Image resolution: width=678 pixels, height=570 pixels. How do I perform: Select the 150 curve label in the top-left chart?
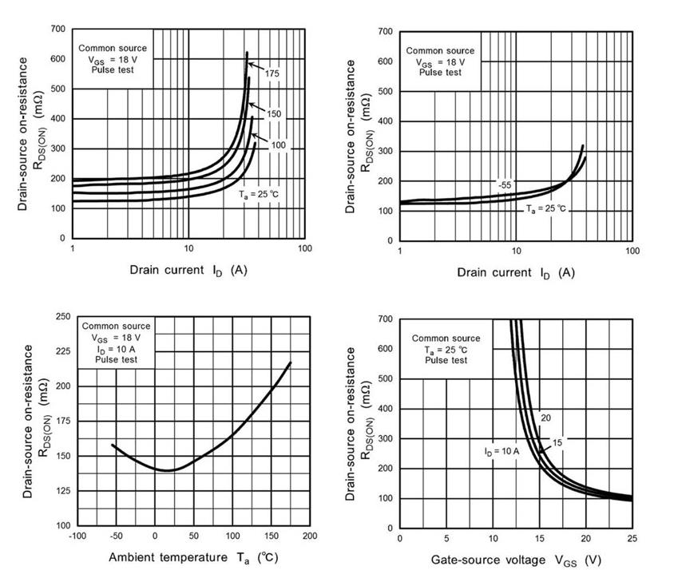(x=274, y=114)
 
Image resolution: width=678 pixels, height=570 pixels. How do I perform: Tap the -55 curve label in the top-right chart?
(x=504, y=185)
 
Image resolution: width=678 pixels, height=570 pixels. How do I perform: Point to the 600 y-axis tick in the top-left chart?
(x=56, y=58)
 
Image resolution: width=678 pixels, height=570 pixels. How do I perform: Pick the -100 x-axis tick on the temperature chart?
(x=77, y=536)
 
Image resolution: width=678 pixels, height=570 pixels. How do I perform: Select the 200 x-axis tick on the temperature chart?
(x=310, y=536)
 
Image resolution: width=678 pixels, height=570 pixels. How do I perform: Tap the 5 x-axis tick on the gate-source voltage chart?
(x=446, y=538)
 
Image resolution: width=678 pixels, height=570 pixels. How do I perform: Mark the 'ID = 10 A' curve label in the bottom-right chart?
(x=502, y=451)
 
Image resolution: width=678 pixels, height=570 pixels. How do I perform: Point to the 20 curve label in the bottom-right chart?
(x=545, y=418)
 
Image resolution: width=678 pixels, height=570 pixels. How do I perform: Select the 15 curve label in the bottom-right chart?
(x=557, y=441)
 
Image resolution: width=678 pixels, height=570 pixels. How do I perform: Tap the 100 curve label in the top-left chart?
(x=278, y=145)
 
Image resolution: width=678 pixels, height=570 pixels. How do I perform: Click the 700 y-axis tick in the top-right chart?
(x=384, y=31)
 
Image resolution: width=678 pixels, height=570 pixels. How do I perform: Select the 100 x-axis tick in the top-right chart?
(x=632, y=251)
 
